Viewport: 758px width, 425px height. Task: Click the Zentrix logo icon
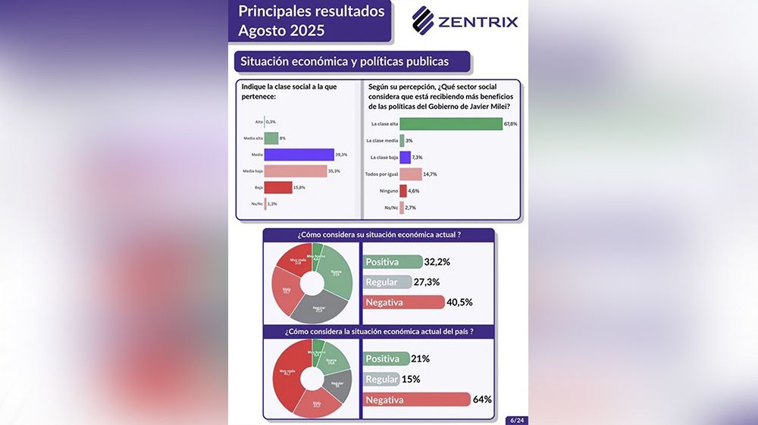coord(423,20)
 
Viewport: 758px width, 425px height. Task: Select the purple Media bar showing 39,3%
coord(299,155)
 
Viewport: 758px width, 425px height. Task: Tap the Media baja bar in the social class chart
coord(296,171)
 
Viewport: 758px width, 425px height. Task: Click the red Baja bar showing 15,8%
coord(278,187)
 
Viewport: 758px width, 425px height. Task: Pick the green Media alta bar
coord(271,138)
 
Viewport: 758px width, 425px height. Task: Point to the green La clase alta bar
coord(450,123)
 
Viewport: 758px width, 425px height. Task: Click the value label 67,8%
coord(510,123)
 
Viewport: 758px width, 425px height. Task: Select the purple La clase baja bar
coord(405,158)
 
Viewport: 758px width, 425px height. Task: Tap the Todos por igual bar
coord(410,174)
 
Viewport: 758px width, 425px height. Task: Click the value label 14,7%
coord(431,174)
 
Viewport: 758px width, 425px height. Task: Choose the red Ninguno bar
coord(403,191)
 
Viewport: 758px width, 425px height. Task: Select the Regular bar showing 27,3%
coord(387,282)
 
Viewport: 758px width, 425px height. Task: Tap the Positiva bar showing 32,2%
coord(393,262)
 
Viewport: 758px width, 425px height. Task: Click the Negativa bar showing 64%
coord(417,399)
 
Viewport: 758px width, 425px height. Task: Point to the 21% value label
coord(421,359)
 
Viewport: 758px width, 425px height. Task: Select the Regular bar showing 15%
coord(381,380)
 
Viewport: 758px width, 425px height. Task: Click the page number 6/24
coord(515,419)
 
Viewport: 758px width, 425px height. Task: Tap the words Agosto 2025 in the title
coord(281,31)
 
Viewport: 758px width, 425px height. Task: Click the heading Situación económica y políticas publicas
coord(344,61)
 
